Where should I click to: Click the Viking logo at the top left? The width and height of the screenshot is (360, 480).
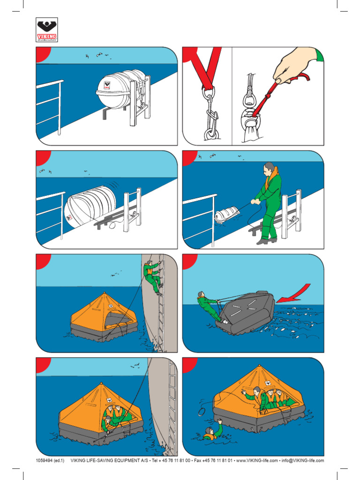click(46, 30)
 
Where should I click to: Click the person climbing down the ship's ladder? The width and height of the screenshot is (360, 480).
click(152, 277)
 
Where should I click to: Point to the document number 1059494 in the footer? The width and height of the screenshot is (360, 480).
click(45, 460)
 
